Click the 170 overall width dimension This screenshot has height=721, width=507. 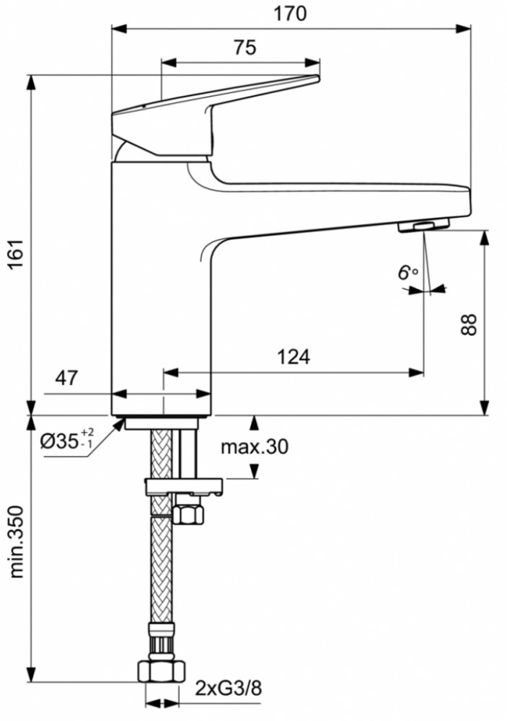290,14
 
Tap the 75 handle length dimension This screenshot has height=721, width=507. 244,48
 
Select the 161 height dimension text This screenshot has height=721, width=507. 17,255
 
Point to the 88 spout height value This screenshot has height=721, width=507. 469,325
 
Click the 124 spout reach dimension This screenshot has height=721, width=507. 294,356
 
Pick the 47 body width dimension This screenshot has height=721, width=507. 66,378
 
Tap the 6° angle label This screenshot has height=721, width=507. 407,273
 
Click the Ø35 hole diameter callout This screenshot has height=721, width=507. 67,441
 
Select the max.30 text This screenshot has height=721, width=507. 255,446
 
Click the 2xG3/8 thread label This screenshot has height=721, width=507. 228,689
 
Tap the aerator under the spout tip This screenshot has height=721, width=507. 423,225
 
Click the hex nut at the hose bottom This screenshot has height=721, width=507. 162,670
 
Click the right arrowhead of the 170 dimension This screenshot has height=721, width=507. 463,29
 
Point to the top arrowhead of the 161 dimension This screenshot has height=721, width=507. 31,83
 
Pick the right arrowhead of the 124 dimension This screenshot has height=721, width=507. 415,372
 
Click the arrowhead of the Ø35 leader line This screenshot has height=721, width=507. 120,423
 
